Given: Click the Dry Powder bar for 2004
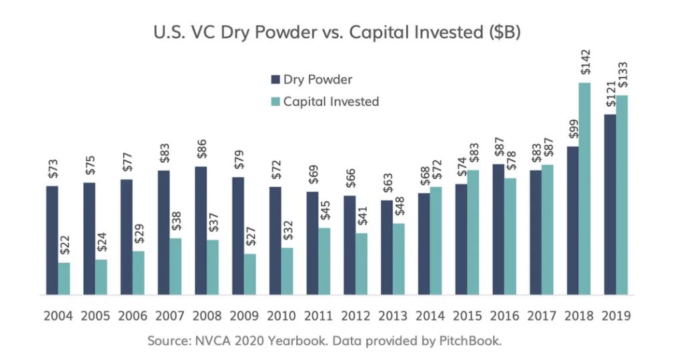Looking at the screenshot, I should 52,240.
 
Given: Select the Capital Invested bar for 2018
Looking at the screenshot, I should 585,189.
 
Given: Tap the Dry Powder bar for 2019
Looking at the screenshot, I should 610,205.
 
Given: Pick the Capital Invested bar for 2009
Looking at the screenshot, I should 249,274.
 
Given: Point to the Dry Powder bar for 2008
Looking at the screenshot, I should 201,230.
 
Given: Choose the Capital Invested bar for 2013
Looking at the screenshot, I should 399,259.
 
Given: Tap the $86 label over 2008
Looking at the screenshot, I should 201,150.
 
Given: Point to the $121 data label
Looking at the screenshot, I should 610,97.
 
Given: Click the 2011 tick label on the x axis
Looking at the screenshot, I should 318,315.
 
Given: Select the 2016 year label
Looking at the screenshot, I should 504,315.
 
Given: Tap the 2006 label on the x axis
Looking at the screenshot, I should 132,315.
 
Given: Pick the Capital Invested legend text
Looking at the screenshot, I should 331,102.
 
